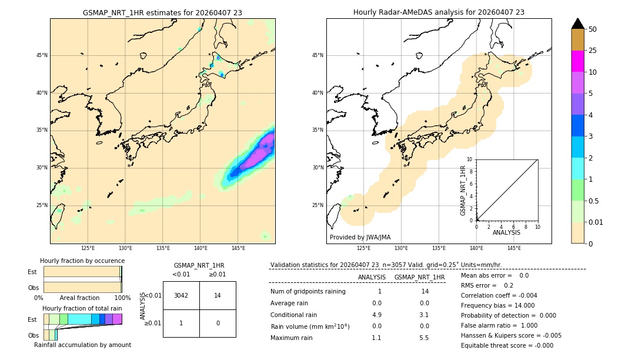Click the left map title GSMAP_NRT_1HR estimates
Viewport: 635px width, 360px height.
click(x=162, y=12)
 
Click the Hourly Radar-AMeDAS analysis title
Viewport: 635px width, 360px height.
click(x=439, y=12)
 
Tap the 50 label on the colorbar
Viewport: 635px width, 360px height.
click(x=593, y=29)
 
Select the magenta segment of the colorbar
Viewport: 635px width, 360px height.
click(x=577, y=61)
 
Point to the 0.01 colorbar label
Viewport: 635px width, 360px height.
click(x=596, y=222)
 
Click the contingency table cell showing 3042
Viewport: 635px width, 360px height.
click(x=181, y=295)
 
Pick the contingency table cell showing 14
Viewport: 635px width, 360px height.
click(x=218, y=295)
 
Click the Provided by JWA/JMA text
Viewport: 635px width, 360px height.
click(x=360, y=237)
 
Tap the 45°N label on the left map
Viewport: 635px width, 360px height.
click(x=42, y=55)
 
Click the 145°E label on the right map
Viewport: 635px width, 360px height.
click(x=514, y=248)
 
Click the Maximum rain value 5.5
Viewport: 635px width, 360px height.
click(x=424, y=338)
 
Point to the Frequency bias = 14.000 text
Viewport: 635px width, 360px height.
click(x=497, y=305)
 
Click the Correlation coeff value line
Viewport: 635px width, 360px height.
click(x=499, y=295)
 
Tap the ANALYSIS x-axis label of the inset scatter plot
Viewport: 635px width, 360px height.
click(x=506, y=232)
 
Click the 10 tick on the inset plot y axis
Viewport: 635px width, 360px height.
click(x=470, y=159)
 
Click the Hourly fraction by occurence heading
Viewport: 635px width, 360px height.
click(x=82, y=261)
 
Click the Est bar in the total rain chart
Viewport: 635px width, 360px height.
click(x=82, y=319)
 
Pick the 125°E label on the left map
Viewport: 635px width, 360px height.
click(x=88, y=248)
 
